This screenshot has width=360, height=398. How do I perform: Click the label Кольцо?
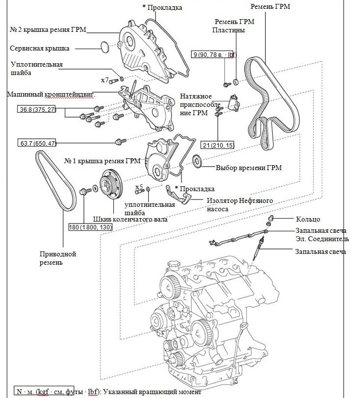(x=308, y=219)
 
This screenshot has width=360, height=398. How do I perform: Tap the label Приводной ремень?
(x=57, y=258)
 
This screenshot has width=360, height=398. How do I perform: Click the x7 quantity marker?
(x=104, y=79)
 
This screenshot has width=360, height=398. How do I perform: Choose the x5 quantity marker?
(x=139, y=187)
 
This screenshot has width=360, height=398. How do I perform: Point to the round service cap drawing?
(x=104, y=48)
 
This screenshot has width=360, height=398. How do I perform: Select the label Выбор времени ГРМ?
(x=249, y=168)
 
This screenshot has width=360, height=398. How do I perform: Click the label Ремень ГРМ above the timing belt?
(x=270, y=6)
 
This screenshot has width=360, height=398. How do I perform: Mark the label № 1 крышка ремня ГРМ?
(x=102, y=160)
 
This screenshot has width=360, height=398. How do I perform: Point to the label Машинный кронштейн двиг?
(x=50, y=94)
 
